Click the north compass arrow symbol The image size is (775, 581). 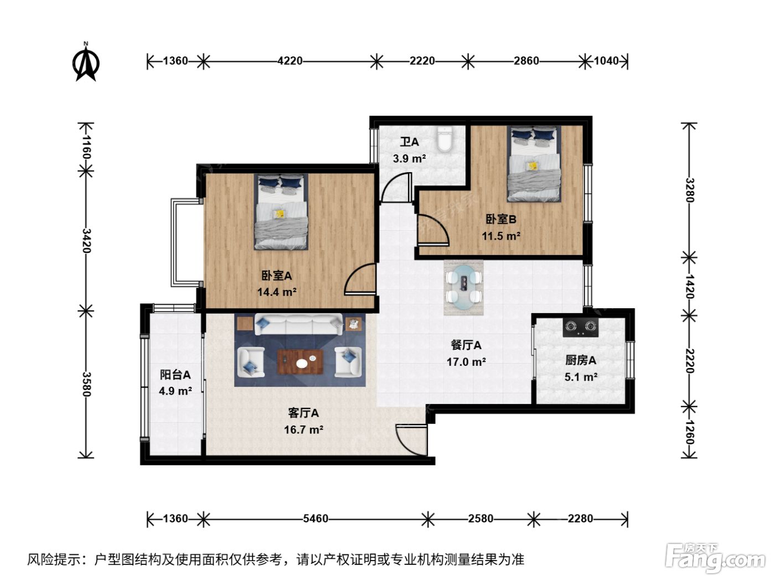click(x=86, y=64)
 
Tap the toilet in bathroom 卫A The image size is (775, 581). click(x=445, y=139)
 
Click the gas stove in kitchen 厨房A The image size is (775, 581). click(x=581, y=327)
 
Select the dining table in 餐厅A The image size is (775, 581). click(x=463, y=288)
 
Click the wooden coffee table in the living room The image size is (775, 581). click(x=300, y=361)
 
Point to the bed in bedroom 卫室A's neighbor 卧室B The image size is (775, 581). click(x=534, y=164)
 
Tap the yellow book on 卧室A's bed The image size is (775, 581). click(x=280, y=214)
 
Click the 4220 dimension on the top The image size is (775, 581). click(x=290, y=61)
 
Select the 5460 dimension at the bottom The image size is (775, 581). click(x=316, y=518)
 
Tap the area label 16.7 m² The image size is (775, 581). click(x=304, y=430)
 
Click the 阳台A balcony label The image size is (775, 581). click(x=175, y=375)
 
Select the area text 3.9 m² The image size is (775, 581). click(x=410, y=158)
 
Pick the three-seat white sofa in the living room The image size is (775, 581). click(x=298, y=324)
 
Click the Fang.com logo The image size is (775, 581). click(x=715, y=557)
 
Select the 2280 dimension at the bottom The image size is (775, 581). click(x=581, y=518)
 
